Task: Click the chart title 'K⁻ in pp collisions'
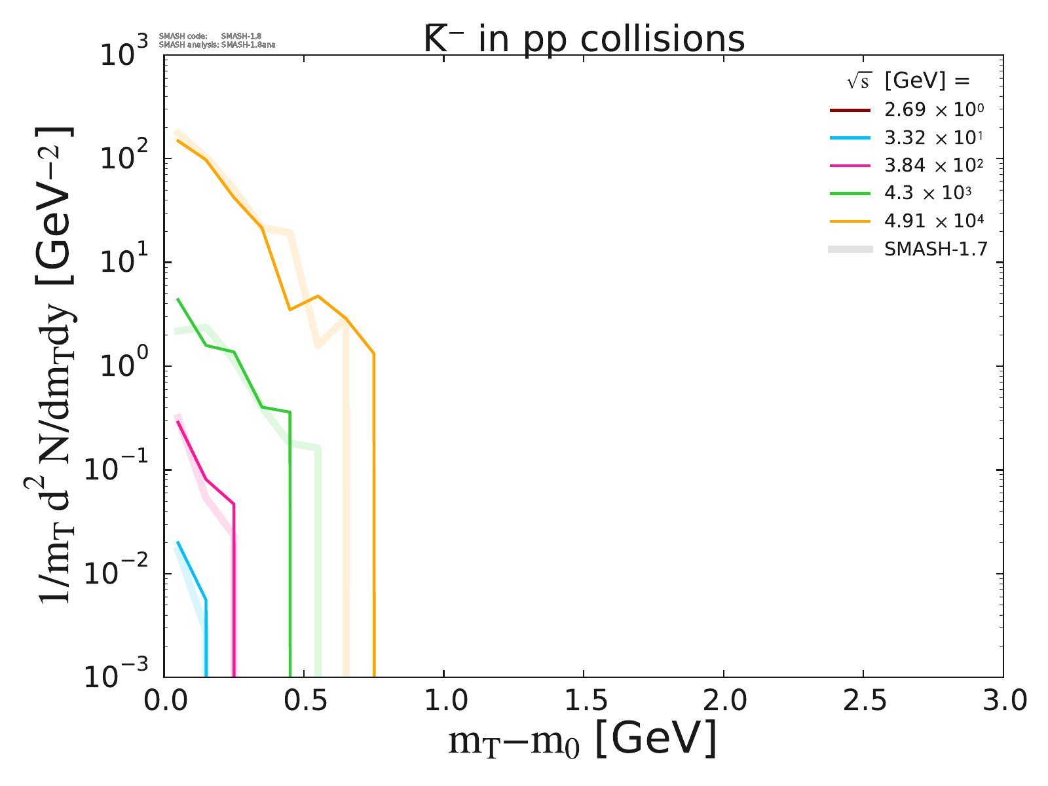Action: pos(584,39)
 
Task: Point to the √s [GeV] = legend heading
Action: pos(908,81)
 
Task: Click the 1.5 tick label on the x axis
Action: pos(584,702)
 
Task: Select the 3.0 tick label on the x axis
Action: pos(1003,702)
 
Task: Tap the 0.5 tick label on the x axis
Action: pos(304,702)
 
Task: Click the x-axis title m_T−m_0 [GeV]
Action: pos(582,740)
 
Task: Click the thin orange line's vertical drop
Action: pos(374,524)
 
